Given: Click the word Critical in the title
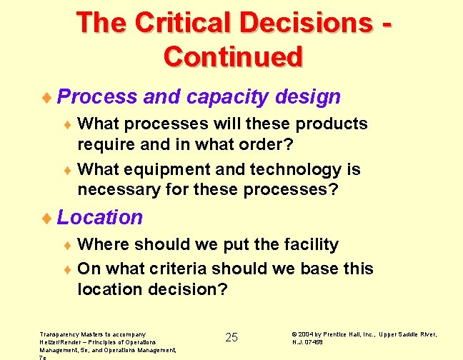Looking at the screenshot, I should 188,22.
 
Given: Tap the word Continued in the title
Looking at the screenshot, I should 233,56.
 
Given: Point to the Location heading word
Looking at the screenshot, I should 100,217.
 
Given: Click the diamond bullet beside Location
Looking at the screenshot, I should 48,218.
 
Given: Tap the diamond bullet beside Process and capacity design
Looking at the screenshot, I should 48,97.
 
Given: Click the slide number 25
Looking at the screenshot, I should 231,337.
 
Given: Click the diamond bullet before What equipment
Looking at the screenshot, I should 69,171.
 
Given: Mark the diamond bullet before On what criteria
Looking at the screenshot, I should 69,269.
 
